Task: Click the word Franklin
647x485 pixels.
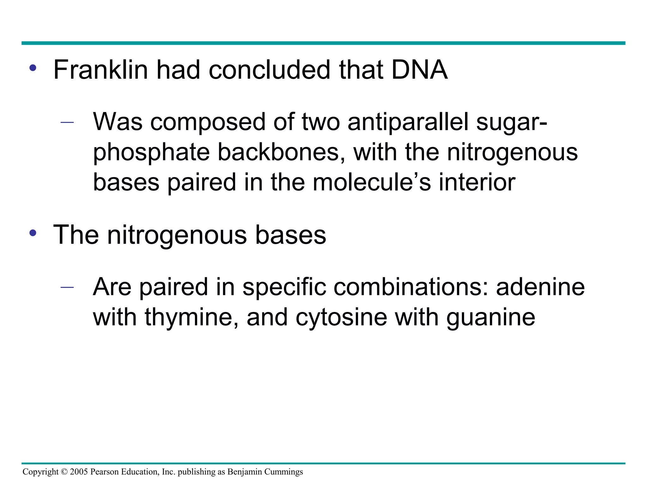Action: click(x=100, y=70)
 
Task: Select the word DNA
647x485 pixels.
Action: click(x=419, y=70)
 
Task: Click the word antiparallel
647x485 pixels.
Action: click(x=408, y=122)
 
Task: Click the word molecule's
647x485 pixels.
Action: click(x=372, y=183)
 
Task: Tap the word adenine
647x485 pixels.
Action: click(x=540, y=287)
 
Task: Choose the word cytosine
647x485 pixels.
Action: click(x=341, y=318)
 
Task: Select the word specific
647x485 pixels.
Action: click(x=284, y=287)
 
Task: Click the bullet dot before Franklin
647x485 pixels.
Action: click(x=33, y=68)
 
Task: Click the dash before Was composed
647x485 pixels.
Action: click(x=67, y=122)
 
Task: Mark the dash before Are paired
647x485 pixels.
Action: click(x=67, y=287)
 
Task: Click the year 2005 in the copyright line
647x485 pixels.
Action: click(x=79, y=472)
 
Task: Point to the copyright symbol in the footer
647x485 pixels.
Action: click(x=64, y=472)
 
